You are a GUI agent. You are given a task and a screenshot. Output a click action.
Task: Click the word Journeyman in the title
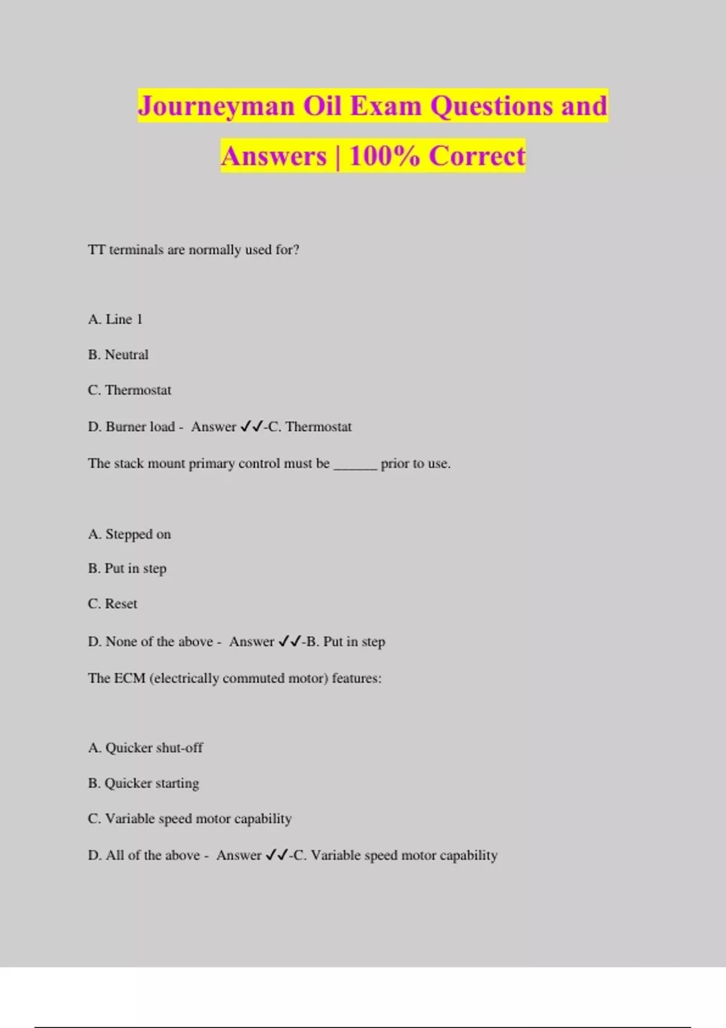[216, 107]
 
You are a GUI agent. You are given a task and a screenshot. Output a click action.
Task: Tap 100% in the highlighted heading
[384, 156]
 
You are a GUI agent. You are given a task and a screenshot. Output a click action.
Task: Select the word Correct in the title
[477, 156]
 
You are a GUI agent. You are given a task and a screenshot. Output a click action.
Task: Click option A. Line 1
[115, 319]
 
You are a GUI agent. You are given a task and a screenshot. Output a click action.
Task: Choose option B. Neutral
[118, 355]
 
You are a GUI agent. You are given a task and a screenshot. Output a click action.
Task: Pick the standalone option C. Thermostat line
[129, 391]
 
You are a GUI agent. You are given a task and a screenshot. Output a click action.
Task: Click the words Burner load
[140, 427]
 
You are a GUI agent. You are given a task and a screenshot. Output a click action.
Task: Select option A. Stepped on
[129, 535]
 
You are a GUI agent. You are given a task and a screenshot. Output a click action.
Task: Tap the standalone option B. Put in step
[127, 569]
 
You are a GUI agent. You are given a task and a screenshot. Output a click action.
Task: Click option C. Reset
[113, 604]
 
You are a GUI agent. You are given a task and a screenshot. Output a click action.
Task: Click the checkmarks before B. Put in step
[289, 642]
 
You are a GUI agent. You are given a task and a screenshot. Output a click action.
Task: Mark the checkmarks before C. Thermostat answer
[251, 427]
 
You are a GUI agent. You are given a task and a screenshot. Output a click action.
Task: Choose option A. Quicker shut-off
[145, 748]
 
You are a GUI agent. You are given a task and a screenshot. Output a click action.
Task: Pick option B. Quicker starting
[143, 784]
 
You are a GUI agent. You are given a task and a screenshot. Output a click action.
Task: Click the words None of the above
[159, 642]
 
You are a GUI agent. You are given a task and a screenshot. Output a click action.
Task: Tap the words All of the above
[152, 856]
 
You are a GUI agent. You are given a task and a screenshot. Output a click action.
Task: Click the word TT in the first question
[97, 250]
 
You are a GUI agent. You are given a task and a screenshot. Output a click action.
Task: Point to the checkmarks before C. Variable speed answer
[276, 856]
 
